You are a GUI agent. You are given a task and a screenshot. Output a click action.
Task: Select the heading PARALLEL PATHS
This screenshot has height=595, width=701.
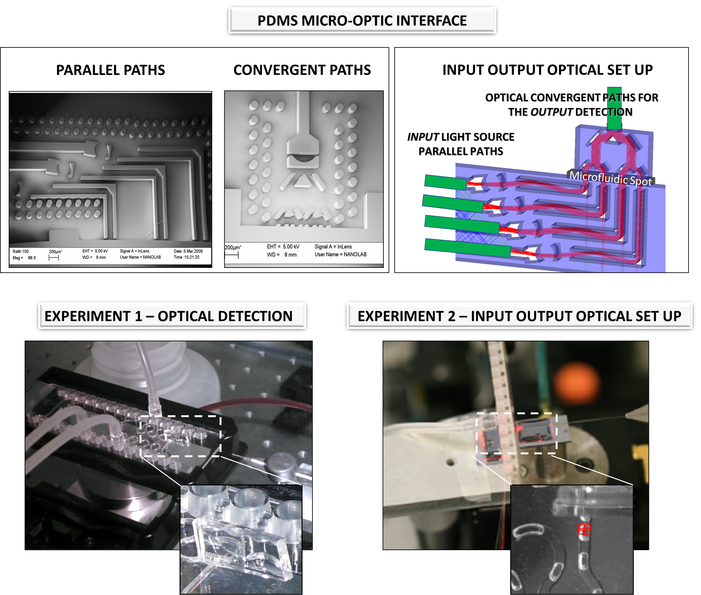point(110,70)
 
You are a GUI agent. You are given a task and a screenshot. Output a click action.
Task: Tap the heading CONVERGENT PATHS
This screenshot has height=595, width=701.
point(302,70)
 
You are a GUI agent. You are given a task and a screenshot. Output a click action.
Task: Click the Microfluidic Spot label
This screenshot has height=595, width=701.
point(611,178)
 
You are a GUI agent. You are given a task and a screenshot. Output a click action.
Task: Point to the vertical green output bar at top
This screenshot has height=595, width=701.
point(614,109)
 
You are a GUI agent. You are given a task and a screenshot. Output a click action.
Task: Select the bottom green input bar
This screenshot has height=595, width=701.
point(467,248)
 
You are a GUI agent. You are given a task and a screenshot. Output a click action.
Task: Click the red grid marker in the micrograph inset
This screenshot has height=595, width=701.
point(584,529)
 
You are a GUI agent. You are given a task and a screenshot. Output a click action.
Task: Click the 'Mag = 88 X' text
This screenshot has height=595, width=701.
point(24,258)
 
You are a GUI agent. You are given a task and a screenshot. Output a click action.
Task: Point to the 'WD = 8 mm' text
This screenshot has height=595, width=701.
point(282,255)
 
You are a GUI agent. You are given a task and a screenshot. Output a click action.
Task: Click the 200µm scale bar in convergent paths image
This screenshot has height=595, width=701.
point(231,255)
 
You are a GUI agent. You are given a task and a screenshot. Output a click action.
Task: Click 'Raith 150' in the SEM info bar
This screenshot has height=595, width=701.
point(20,252)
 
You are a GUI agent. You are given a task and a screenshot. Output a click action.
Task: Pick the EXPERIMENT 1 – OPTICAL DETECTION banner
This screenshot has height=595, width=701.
point(172,316)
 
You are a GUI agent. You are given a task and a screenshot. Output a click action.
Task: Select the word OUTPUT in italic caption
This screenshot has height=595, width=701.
point(552,112)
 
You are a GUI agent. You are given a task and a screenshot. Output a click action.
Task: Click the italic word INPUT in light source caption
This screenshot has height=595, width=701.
point(423,137)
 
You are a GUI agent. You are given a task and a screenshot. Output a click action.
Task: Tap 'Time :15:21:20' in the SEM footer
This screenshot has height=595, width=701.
point(186,257)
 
